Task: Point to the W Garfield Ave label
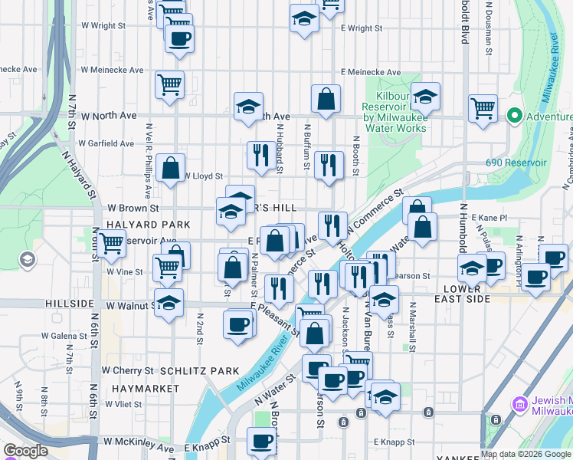tap(106, 143)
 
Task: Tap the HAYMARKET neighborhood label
tap(145, 389)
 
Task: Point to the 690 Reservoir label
tap(516, 163)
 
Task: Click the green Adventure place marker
tap(513, 117)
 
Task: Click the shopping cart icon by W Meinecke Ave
tap(169, 84)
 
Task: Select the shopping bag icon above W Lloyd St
tap(170, 166)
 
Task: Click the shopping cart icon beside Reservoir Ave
tap(111, 243)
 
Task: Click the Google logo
tap(25, 451)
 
